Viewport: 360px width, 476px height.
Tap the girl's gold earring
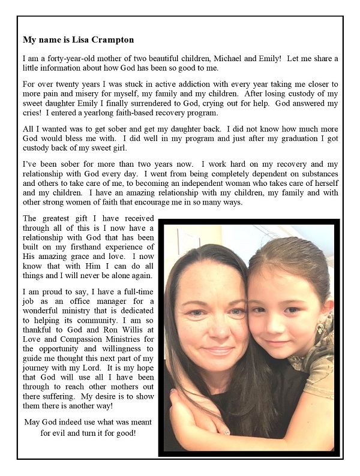point(321,327)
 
